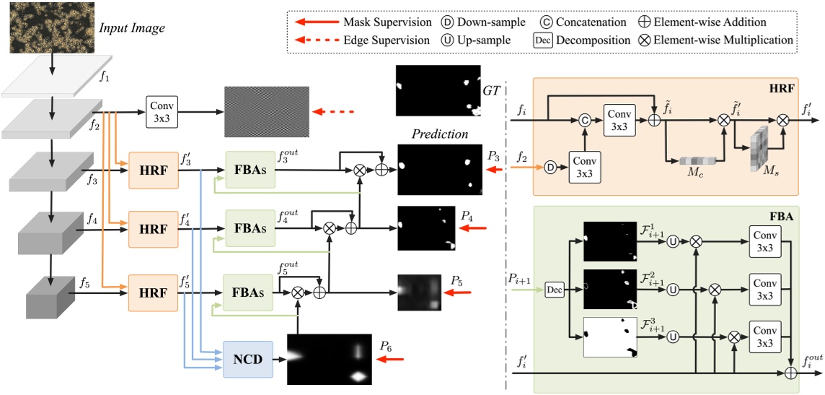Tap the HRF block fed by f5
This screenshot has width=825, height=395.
tap(152, 292)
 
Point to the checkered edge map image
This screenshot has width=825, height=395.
tap(266, 112)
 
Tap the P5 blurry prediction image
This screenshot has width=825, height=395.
tap(418, 292)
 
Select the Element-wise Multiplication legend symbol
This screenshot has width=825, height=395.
tap(645, 40)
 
